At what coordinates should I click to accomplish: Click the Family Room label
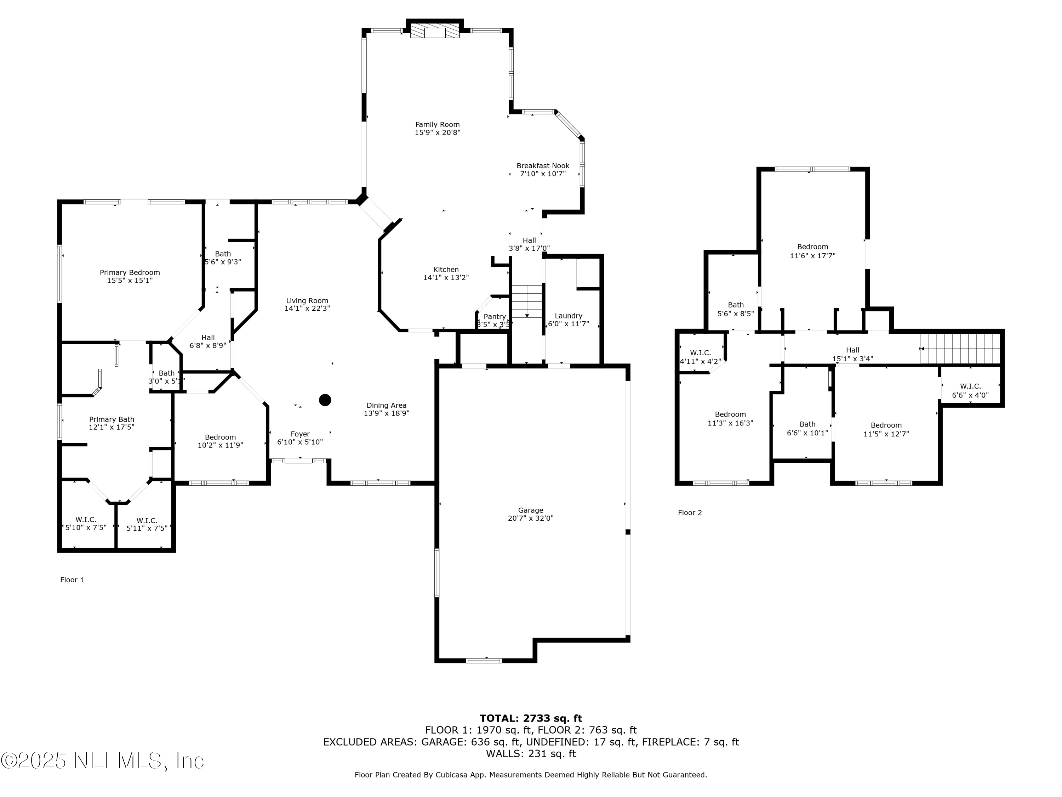(x=438, y=124)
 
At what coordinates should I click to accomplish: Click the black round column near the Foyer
(x=325, y=400)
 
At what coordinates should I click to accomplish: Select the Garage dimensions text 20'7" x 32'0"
(x=531, y=518)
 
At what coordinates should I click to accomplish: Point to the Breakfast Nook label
(x=543, y=166)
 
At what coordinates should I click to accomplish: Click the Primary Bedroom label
(x=130, y=272)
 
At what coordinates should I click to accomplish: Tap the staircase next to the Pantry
(x=527, y=301)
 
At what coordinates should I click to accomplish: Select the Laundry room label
(x=569, y=316)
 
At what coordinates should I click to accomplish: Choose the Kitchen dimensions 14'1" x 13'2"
(x=446, y=278)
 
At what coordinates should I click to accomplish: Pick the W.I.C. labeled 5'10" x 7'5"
(x=86, y=524)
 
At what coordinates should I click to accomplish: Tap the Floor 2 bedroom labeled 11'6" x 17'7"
(x=812, y=251)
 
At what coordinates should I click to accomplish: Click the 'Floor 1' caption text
(x=72, y=580)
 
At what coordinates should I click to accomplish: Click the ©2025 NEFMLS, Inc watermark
(x=102, y=761)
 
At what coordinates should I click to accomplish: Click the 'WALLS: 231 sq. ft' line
(x=531, y=753)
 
